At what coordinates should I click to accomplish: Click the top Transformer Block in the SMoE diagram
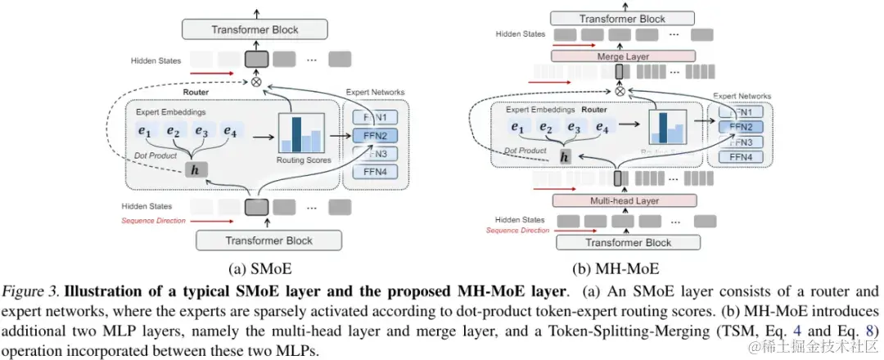[255, 30]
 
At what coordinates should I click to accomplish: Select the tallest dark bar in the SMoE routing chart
[296, 134]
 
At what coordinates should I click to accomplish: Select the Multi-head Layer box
[624, 200]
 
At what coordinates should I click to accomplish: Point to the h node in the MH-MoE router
[564, 156]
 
